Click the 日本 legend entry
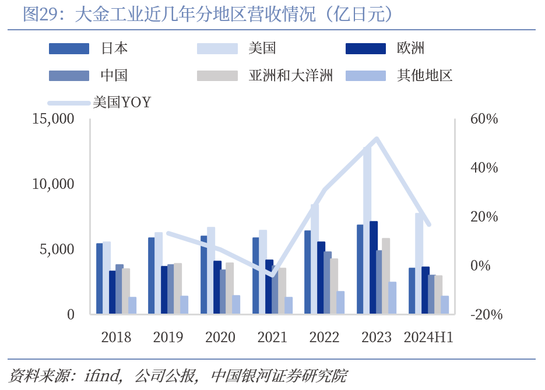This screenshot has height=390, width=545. tap(114, 48)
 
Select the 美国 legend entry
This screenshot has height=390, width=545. tap(262, 48)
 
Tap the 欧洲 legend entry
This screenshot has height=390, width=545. tap(410, 48)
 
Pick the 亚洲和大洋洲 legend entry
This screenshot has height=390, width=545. tap(290, 75)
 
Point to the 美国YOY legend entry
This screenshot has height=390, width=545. tap(121, 103)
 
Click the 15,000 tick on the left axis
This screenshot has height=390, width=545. tap(53, 119)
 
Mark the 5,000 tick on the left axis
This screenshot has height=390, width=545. tap(57, 250)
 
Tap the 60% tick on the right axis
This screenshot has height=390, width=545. tap(484, 119)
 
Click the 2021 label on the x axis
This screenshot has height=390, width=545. tap(272, 337)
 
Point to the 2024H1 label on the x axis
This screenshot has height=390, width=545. tap(428, 337)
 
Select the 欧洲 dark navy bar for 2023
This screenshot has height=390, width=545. tap(374, 268)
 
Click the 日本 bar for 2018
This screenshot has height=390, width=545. tap(100, 279)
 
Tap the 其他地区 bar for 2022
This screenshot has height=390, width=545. tap(341, 303)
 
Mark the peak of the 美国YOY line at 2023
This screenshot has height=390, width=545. tap(377, 139)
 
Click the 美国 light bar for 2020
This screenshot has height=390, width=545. tap(211, 270)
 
